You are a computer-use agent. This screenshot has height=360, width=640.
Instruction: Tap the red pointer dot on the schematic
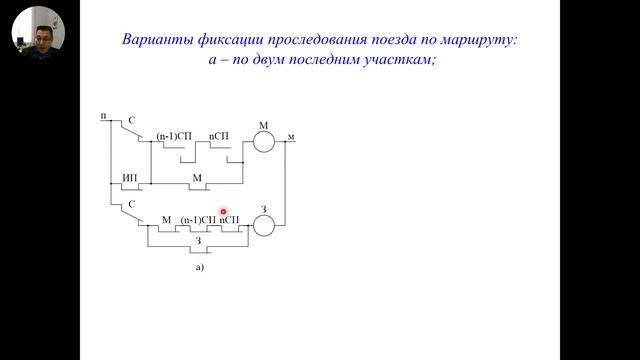click(223, 212)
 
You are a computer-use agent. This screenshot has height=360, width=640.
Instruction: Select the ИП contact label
click(130, 177)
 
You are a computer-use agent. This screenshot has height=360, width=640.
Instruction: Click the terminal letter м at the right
click(291, 135)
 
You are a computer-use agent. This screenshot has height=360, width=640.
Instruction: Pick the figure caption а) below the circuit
click(200, 267)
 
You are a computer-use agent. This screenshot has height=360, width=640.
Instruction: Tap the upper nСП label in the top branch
click(220, 135)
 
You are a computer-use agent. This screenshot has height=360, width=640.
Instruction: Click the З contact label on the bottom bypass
click(197, 241)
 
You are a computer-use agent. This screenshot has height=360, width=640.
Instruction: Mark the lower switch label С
click(129, 204)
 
